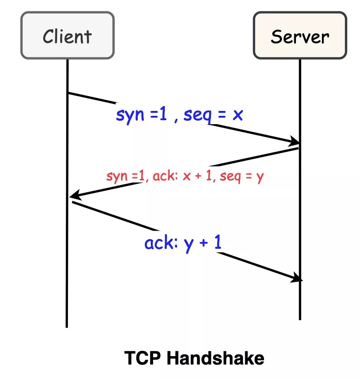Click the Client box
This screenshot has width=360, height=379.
pyautogui.click(x=68, y=36)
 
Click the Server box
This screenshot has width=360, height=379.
pyautogui.click(x=300, y=36)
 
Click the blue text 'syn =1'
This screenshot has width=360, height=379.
pyautogui.click(x=143, y=115)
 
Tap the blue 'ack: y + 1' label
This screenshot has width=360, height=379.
pyautogui.click(x=183, y=243)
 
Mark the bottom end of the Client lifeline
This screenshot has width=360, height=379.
pyautogui.click(x=67, y=326)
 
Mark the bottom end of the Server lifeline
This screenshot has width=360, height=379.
pyautogui.click(x=300, y=319)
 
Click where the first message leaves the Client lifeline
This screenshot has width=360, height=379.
pyautogui.click(x=68, y=93)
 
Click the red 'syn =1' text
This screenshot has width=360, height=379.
pyautogui.click(x=125, y=177)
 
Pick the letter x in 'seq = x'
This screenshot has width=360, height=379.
pyautogui.click(x=237, y=115)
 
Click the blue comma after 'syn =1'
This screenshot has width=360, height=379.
pyautogui.click(x=176, y=120)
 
